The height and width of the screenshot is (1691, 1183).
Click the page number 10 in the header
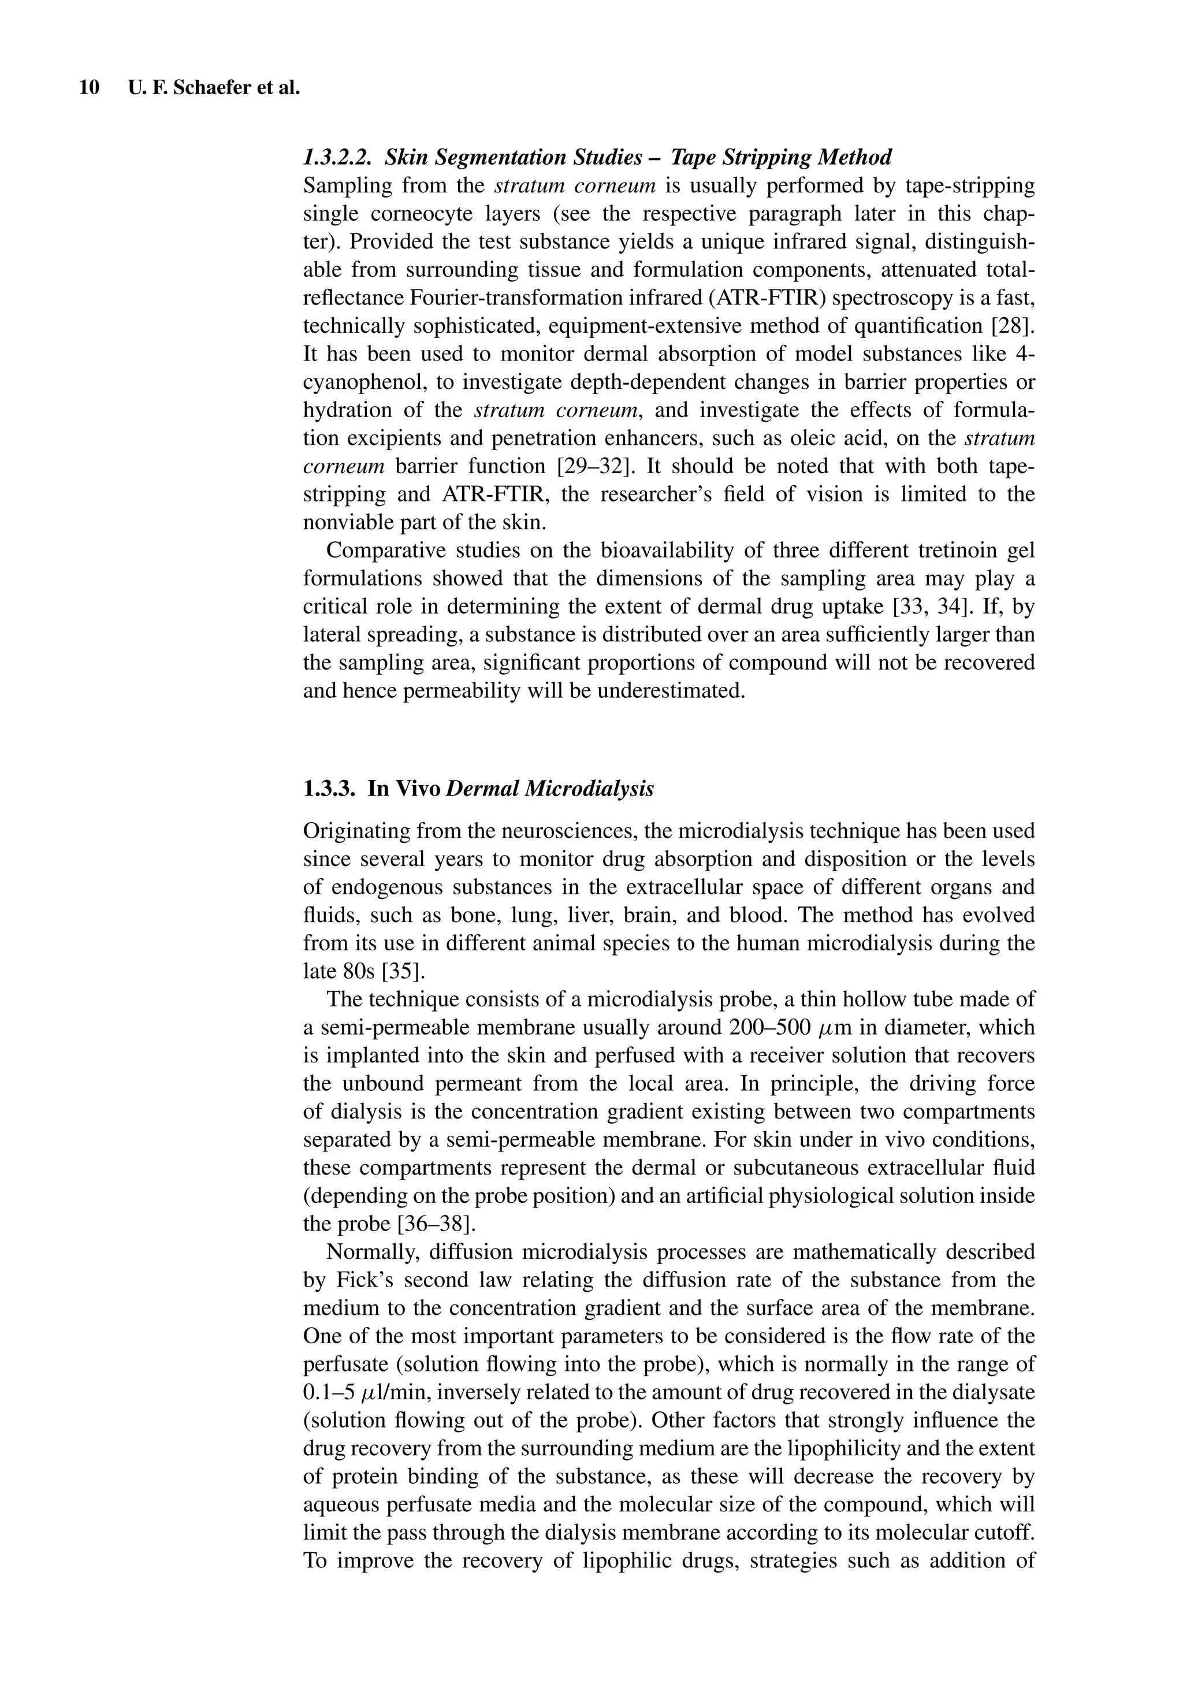coord(89,88)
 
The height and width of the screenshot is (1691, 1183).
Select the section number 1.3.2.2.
coord(339,157)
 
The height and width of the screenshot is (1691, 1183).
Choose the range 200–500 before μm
coord(771,1027)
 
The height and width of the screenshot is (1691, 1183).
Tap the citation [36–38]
coord(433,1224)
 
